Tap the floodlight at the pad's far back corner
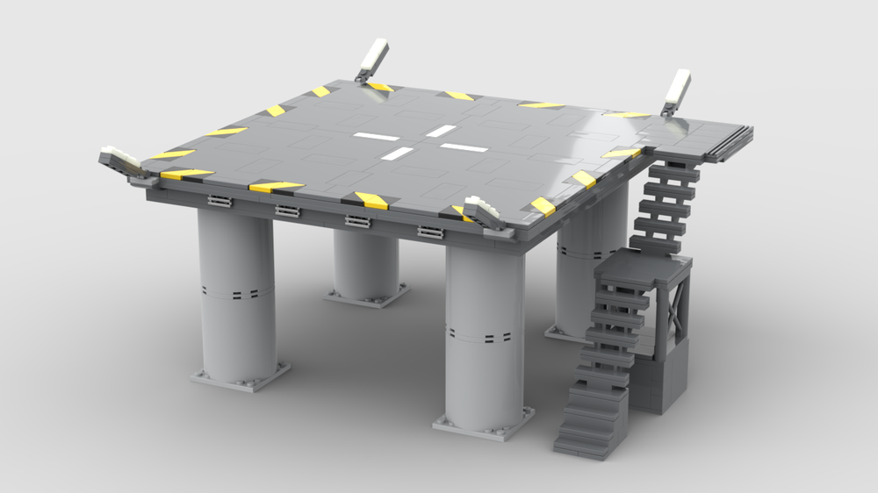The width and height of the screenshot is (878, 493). [371, 59]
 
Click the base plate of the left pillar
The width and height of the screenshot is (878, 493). [241, 375]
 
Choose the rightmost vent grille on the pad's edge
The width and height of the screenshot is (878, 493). [430, 232]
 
